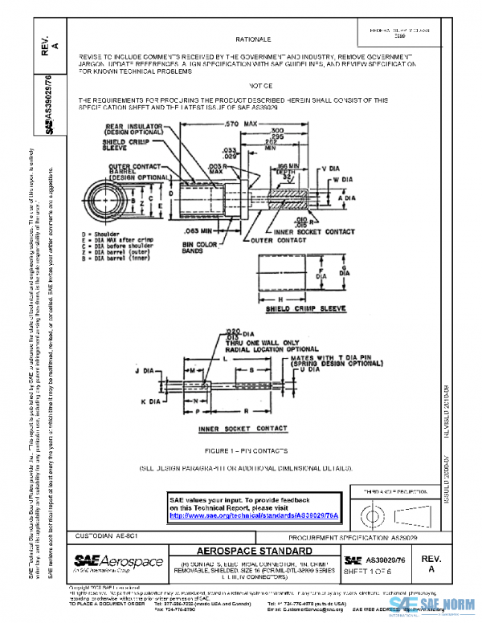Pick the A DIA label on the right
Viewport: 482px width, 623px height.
click(347, 197)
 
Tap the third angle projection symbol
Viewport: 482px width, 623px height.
click(393, 511)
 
